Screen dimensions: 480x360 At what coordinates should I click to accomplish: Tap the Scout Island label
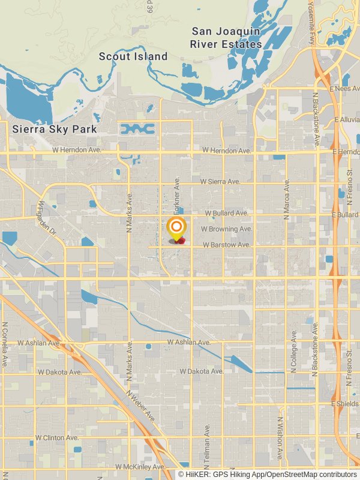tap(133, 56)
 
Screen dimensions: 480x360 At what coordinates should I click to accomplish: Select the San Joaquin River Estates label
tap(226, 37)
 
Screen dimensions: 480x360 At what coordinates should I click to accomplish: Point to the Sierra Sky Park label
tap(55, 129)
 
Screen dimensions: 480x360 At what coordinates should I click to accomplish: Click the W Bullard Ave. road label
tap(226, 213)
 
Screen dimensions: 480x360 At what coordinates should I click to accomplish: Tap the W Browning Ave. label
tap(227, 229)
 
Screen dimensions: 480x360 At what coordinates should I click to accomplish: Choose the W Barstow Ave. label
tap(226, 245)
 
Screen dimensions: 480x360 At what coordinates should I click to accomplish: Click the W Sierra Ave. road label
tap(220, 181)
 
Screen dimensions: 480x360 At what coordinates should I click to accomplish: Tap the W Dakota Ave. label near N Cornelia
tap(59, 372)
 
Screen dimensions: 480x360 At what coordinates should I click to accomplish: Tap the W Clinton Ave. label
tap(57, 438)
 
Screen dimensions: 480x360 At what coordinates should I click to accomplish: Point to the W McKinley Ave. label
tap(140, 467)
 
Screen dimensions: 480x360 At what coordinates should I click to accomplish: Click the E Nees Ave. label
tap(344, 89)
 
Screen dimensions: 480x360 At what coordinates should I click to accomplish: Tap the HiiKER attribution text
tap(267, 475)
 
